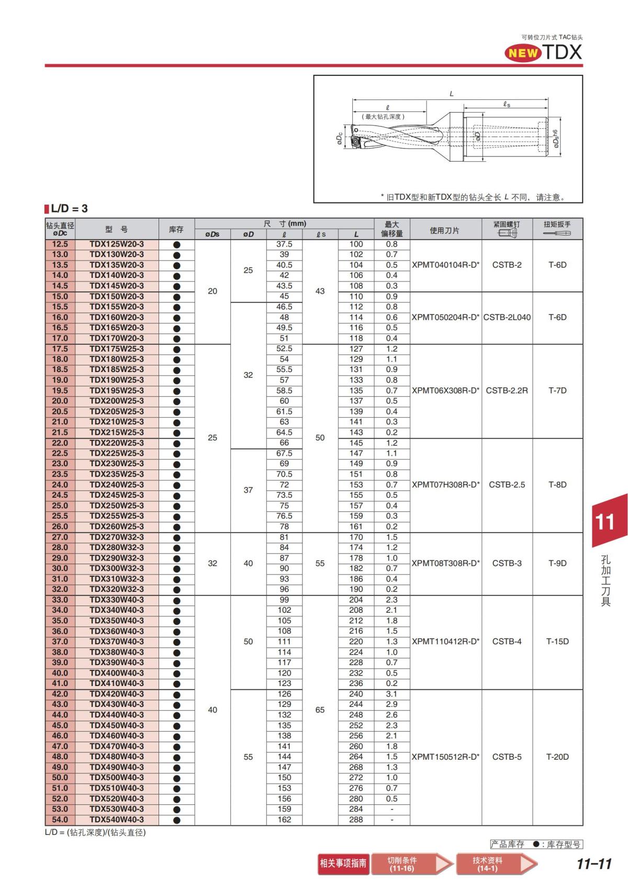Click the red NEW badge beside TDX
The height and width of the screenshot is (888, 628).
coord(523,53)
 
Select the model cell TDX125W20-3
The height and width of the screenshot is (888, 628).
coord(117,244)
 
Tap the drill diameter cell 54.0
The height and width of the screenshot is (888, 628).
coord(60,819)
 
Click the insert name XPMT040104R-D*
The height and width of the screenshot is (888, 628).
coord(445,265)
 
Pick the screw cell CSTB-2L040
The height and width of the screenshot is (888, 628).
coord(507,317)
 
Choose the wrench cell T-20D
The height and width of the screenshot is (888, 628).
coord(557,757)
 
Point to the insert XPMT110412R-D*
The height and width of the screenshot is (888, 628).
coord(445,642)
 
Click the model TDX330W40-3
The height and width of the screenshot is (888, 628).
coord(117,600)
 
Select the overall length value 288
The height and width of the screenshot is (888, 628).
coord(356,819)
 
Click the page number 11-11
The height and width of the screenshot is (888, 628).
coord(594,864)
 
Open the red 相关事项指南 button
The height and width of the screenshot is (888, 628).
coord(343,863)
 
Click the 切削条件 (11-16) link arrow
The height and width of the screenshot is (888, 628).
coord(411,864)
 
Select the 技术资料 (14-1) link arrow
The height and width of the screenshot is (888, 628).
coord(496,864)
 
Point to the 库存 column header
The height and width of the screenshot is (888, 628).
coord(176,229)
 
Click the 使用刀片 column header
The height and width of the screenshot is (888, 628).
coord(445,230)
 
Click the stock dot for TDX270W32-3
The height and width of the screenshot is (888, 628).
coord(176,537)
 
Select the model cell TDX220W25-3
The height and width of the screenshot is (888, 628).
coord(117,443)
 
